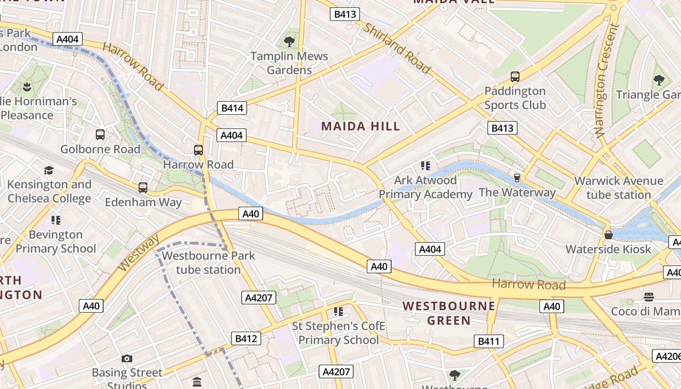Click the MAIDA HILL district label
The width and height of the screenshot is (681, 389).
click(x=360, y=126)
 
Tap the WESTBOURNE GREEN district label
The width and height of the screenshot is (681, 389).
click(x=449, y=313)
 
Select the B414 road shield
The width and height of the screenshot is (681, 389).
click(x=232, y=108)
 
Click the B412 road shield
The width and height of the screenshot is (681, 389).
click(x=246, y=338)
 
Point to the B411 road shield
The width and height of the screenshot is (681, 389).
click(x=488, y=341)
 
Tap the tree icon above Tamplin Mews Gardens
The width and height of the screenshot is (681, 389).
click(x=289, y=42)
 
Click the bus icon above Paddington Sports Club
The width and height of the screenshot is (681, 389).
click(x=515, y=77)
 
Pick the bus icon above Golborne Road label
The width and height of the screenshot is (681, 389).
click(x=100, y=135)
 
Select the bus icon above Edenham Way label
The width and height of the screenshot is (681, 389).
click(x=143, y=188)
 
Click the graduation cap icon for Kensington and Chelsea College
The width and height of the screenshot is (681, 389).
click(x=49, y=170)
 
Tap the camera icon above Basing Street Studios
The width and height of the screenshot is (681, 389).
click(x=127, y=359)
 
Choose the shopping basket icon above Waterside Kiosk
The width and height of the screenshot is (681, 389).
click(x=608, y=235)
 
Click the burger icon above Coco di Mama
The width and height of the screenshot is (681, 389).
click(x=648, y=297)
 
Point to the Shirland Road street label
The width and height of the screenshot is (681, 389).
click(x=397, y=49)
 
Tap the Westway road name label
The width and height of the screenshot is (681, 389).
click(x=139, y=253)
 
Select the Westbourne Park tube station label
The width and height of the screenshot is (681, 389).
click(x=208, y=263)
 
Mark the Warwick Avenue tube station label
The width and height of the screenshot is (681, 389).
click(x=618, y=188)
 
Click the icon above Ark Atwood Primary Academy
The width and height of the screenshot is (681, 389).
click(x=426, y=166)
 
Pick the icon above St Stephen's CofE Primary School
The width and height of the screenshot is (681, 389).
click(x=339, y=311)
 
